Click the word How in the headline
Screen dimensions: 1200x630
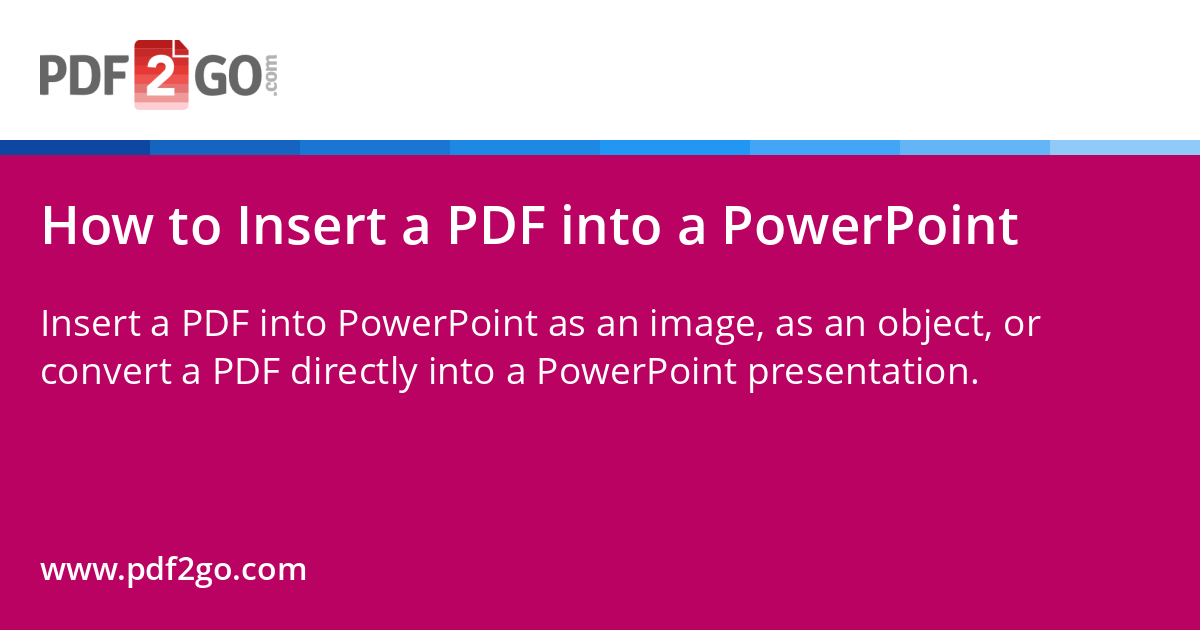[x=98, y=226]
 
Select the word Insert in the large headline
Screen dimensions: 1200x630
[x=312, y=226]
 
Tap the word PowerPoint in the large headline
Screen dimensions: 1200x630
[x=870, y=226]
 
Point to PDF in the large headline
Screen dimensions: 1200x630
[x=497, y=226]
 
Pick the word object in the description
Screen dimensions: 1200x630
[x=934, y=325]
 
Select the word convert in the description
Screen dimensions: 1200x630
[x=106, y=371]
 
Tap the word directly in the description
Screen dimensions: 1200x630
[x=354, y=372]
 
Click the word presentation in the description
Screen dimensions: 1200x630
[x=864, y=372]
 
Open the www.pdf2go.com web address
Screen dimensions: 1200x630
[x=174, y=570]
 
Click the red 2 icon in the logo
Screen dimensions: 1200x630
[x=161, y=74]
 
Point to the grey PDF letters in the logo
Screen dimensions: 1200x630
[x=84, y=76]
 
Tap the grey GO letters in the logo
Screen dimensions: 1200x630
[x=228, y=76]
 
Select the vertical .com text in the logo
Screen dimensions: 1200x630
[x=271, y=75]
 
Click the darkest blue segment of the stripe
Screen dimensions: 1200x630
[x=75, y=147]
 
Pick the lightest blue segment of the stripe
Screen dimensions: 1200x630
[x=1125, y=147]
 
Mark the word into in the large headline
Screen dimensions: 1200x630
[x=611, y=226]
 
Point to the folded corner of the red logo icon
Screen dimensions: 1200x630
[x=181, y=47]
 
